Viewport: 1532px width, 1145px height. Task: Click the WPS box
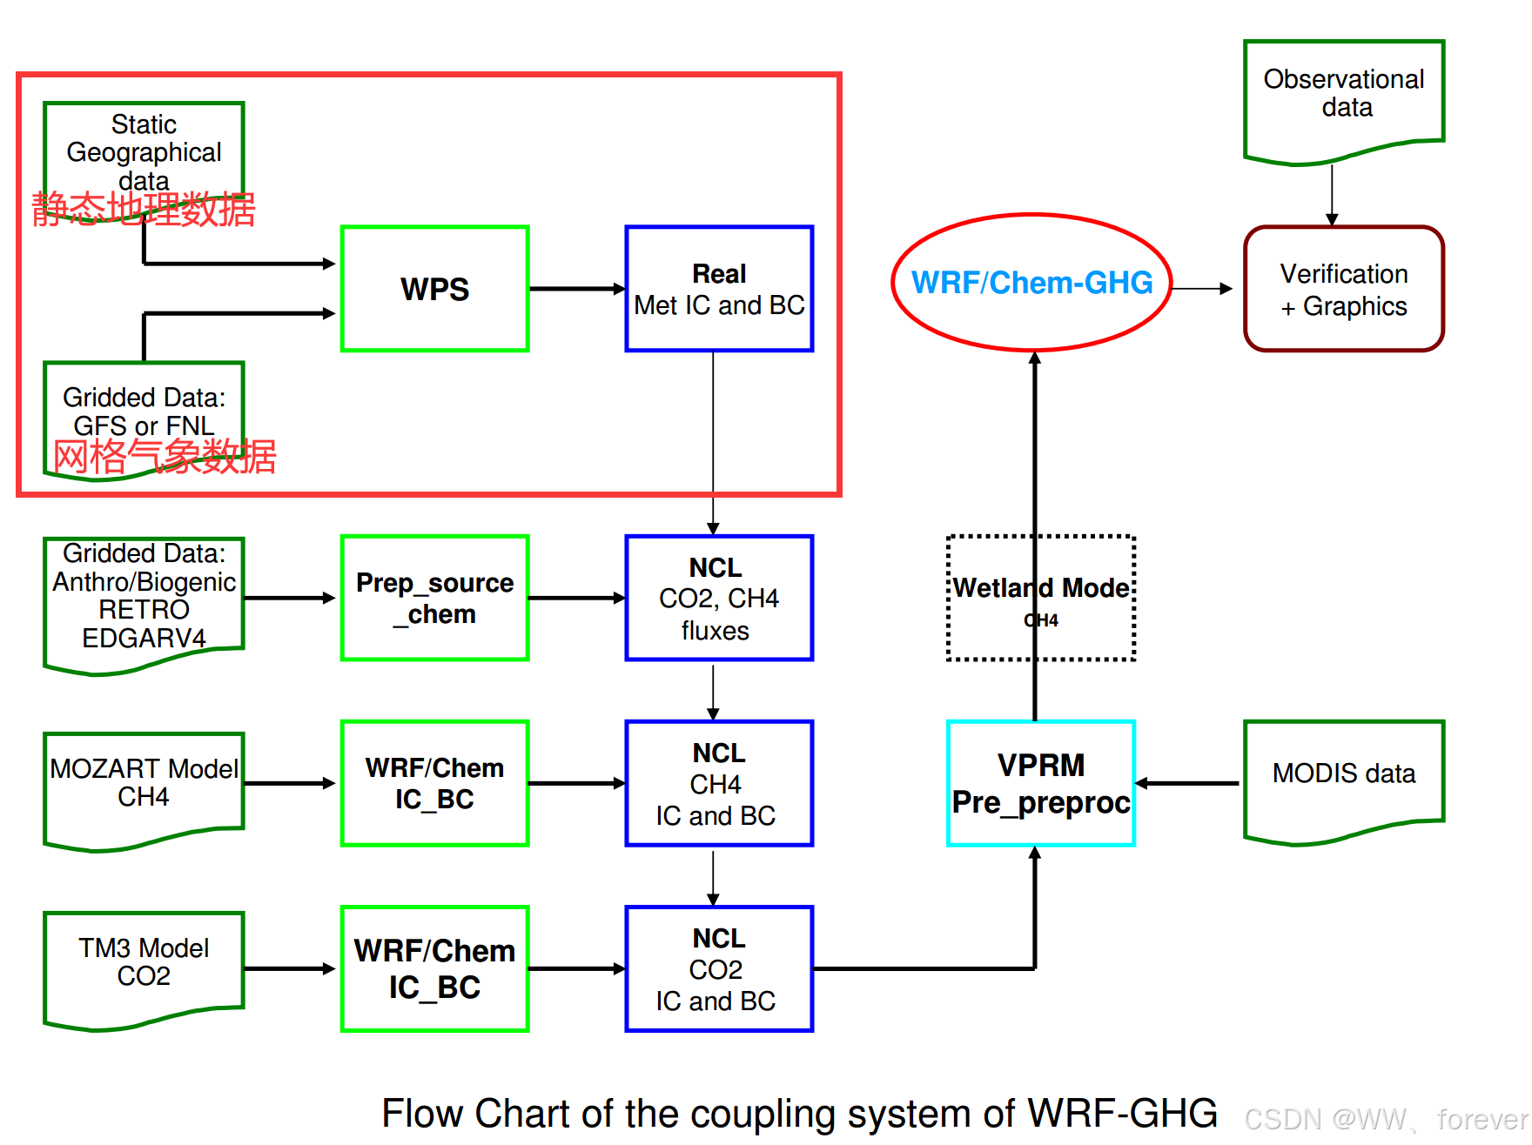click(434, 289)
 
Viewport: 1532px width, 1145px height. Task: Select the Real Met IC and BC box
click(718, 289)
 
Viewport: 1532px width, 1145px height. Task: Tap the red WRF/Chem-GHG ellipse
click(1031, 283)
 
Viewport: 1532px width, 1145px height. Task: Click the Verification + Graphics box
click(1343, 289)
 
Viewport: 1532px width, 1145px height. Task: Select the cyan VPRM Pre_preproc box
click(1040, 783)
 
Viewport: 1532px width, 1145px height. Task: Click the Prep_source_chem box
click(434, 598)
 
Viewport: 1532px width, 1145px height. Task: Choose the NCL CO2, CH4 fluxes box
click(718, 598)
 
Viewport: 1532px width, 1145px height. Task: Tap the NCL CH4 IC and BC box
click(718, 783)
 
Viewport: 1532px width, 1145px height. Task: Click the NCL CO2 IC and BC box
click(718, 968)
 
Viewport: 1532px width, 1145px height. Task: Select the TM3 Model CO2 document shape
click(144, 964)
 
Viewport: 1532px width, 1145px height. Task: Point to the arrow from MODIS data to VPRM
click(1188, 783)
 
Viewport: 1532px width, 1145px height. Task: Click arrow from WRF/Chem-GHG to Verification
click(1201, 288)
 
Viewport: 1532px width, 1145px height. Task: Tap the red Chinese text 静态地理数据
click(144, 210)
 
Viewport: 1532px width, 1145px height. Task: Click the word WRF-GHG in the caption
click(1122, 1113)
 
